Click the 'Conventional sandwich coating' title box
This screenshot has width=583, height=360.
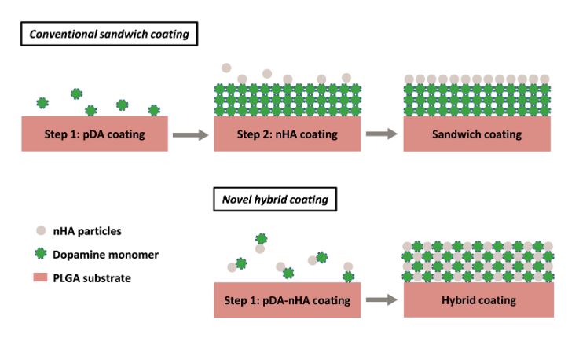point(109,34)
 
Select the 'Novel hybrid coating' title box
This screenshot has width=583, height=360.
point(275,200)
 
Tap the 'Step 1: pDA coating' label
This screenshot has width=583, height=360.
point(94,134)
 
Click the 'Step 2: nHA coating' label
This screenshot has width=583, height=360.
point(287,134)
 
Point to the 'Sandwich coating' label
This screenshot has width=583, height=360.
point(477,134)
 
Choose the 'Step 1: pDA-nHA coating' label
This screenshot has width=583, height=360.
point(287,300)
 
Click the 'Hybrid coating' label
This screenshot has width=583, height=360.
point(478,300)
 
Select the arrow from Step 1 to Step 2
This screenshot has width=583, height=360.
point(190,134)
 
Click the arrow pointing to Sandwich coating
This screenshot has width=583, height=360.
point(382,134)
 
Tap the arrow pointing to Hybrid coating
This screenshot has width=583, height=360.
point(382,299)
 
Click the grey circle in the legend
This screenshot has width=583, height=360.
point(41,230)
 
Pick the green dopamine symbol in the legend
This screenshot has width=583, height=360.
point(41,254)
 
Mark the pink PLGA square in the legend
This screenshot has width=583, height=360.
point(40,277)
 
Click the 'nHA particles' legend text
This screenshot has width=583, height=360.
point(87,231)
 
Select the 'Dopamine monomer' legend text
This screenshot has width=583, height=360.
point(105,255)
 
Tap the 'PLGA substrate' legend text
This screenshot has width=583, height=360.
point(92,278)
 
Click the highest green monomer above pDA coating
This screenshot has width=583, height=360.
point(76,94)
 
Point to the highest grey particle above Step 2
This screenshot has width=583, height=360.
point(226,68)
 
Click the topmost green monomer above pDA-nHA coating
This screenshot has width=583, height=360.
point(262,239)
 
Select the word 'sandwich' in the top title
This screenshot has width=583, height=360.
point(122,35)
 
